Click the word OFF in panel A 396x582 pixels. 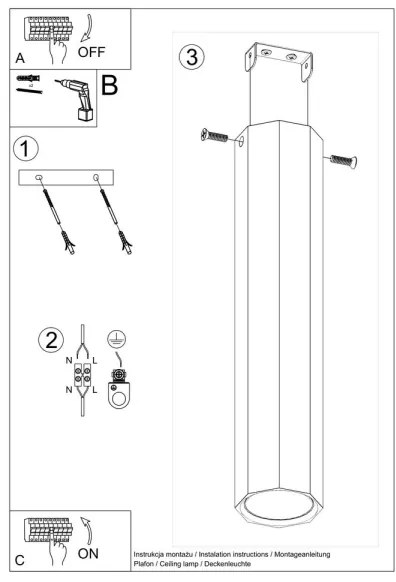[x=91, y=52]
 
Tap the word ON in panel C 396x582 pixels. [x=88, y=553]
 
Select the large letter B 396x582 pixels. [x=109, y=85]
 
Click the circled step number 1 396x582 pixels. [x=26, y=148]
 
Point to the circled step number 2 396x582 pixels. [x=51, y=340]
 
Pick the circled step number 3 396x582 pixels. [x=192, y=57]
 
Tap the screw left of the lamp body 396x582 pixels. [x=214, y=135]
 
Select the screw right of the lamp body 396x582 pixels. [x=344, y=161]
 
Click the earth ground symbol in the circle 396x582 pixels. [x=117, y=340]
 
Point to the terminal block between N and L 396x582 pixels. [x=82, y=375]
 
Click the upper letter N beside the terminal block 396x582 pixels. [x=69, y=360]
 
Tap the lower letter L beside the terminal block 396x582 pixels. [x=95, y=390]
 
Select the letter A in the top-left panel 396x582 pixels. [x=20, y=58]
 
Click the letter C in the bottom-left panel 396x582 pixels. [x=20, y=560]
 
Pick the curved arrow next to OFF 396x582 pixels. [x=88, y=28]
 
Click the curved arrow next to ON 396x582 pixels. [x=87, y=531]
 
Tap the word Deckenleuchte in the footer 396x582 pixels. [x=228, y=564]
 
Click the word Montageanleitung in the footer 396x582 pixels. [x=302, y=554]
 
